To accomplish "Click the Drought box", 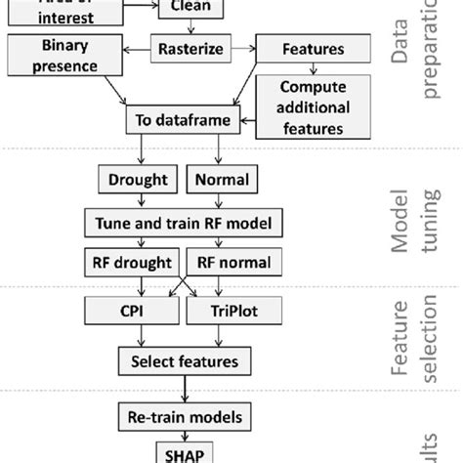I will (136, 182).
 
